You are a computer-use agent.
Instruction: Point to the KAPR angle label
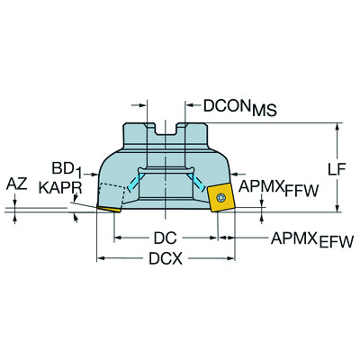point(58,188)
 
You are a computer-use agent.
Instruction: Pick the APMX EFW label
point(312,239)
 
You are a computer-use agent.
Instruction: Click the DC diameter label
point(165,239)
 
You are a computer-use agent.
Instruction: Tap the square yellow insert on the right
point(220,196)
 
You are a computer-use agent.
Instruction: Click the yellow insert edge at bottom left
point(109,209)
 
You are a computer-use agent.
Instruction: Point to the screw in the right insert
point(220,197)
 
